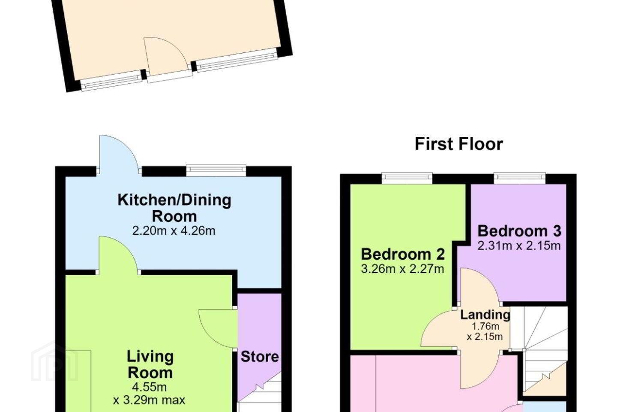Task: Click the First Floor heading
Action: coord(459,144)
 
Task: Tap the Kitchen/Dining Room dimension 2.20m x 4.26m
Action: coord(174,231)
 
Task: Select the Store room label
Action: coord(260,357)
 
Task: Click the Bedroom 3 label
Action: coord(519,231)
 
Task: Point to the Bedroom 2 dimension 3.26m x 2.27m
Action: coord(402,269)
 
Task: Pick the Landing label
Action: coord(485,315)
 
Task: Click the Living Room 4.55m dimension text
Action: coord(149,387)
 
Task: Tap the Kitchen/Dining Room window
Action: coord(216,170)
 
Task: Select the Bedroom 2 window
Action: coord(407,178)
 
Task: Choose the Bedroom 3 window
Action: coord(519,178)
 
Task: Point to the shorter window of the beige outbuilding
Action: coord(111,81)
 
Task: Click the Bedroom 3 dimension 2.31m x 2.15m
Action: coord(519,245)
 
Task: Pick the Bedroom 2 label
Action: coord(403,254)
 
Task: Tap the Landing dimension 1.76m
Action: coord(485,327)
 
